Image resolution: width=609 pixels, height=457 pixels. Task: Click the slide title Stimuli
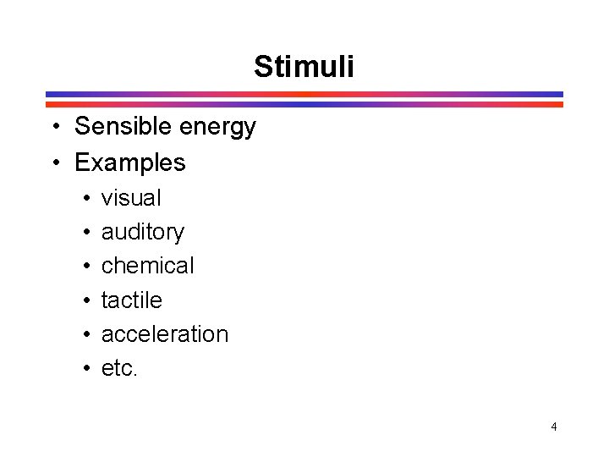[x=304, y=66]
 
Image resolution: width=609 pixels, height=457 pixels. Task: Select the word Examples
[x=129, y=162]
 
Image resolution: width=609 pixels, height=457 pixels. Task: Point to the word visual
[x=131, y=198]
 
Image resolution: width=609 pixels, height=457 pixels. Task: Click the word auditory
[x=142, y=232]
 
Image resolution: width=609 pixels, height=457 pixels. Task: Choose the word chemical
[x=147, y=266]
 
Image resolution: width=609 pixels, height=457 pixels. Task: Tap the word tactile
[x=131, y=300]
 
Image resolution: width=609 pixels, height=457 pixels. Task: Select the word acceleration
[x=164, y=333]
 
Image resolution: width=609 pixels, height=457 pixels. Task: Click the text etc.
[x=118, y=368]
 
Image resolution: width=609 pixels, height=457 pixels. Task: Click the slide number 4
[x=554, y=427]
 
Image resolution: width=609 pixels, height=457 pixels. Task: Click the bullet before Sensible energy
[x=53, y=128]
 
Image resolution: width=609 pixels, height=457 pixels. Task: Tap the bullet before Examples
[x=53, y=162]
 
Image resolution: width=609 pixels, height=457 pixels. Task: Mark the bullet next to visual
[x=87, y=199]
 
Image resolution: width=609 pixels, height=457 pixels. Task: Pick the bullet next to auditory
[x=87, y=233]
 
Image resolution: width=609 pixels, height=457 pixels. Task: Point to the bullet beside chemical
[x=87, y=267]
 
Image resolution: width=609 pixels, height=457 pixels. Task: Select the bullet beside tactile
[x=87, y=300]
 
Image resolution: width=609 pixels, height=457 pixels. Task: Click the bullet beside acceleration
[x=87, y=334]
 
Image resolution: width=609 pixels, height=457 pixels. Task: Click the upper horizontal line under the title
[x=304, y=94]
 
